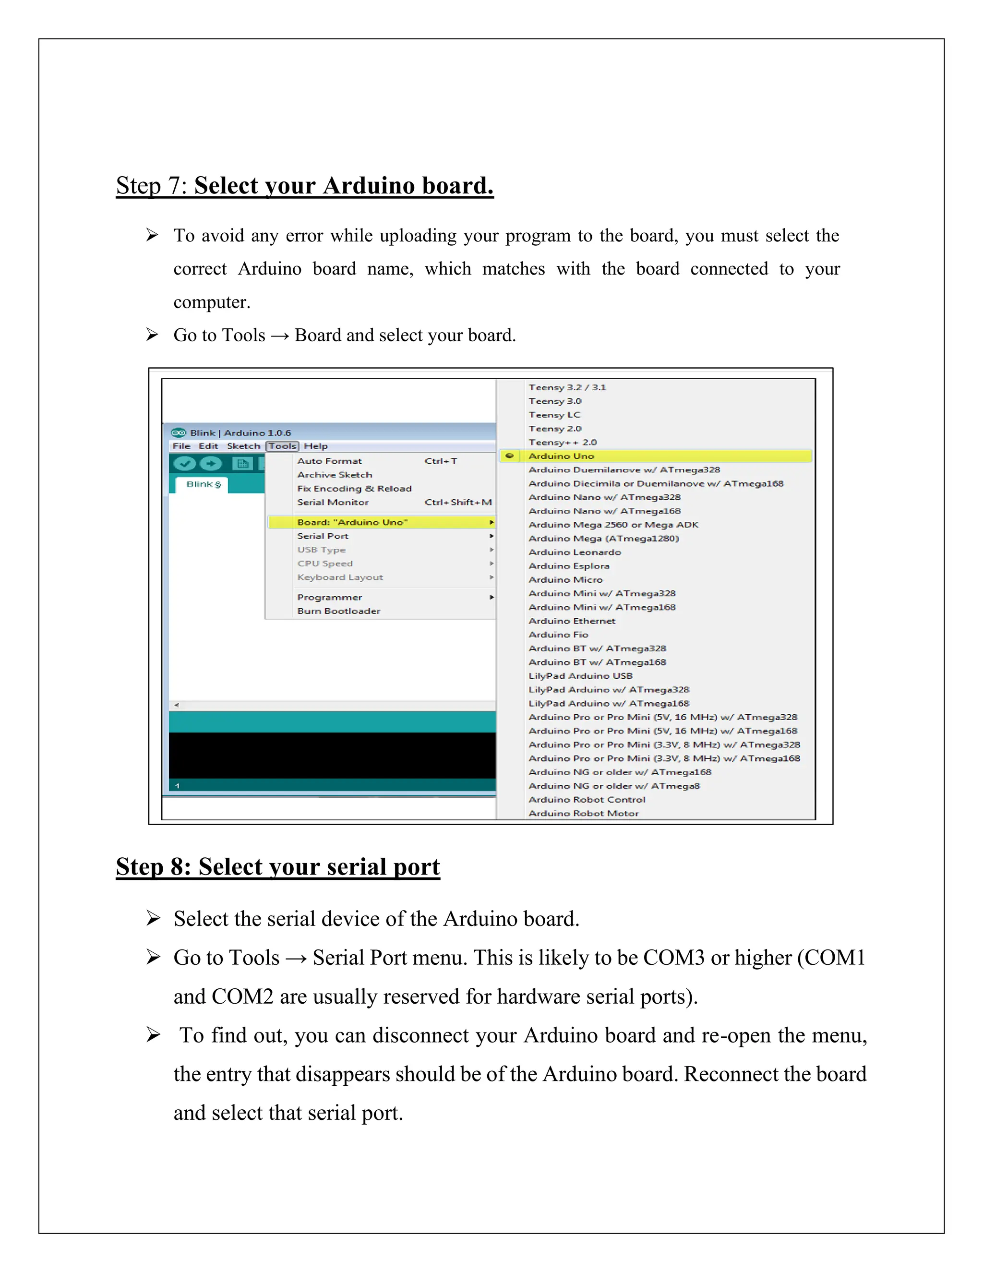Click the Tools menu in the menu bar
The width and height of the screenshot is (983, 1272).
(x=282, y=446)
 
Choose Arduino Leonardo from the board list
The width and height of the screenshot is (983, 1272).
(x=574, y=552)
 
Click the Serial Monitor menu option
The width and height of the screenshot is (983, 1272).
(x=333, y=502)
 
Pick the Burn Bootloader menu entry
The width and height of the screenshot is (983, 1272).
(x=338, y=611)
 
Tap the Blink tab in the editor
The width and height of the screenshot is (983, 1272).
(x=203, y=485)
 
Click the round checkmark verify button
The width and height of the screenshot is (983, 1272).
(x=185, y=464)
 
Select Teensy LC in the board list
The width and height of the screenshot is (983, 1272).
(x=554, y=415)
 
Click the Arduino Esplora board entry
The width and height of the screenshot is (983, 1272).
(x=568, y=566)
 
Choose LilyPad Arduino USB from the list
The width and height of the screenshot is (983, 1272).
(x=580, y=676)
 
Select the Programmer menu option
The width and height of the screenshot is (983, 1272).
(x=330, y=598)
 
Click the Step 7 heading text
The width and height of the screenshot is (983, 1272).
(x=305, y=186)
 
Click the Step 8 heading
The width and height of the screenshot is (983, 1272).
(x=278, y=866)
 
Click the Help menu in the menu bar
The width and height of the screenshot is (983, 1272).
(x=316, y=446)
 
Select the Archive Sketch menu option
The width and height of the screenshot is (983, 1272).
(x=334, y=475)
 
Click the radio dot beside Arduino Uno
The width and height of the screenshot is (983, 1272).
(x=510, y=456)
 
